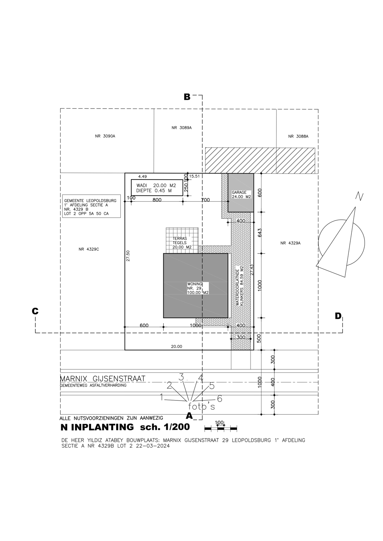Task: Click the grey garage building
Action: click(240, 193)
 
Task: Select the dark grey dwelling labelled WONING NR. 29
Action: click(196, 286)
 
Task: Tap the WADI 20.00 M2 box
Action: click(157, 188)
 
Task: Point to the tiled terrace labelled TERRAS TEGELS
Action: click(182, 240)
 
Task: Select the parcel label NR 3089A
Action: click(182, 128)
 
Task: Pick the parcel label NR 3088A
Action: click(298, 136)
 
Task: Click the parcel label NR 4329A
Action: click(290, 243)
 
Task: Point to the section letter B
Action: click(187, 97)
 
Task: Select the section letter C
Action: click(35, 311)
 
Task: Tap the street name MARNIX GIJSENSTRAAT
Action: click(103, 378)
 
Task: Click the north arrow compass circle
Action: click(341, 242)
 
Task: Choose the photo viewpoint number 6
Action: click(220, 399)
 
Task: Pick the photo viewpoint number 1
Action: click(162, 397)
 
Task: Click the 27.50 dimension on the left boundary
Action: click(128, 256)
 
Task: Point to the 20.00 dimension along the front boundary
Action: click(176, 346)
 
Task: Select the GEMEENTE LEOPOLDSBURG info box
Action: click(91, 206)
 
